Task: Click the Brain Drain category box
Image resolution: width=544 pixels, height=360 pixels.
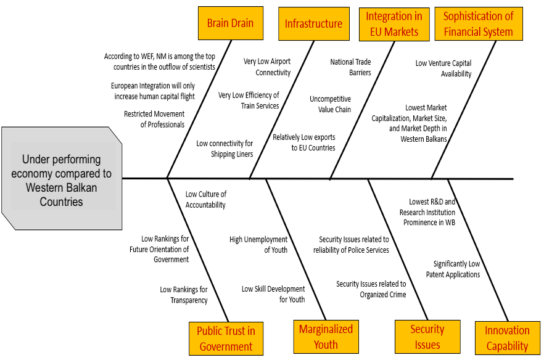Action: tap(230, 23)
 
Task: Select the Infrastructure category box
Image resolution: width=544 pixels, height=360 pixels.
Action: tap(313, 23)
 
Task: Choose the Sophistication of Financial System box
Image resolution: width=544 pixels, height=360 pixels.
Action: tap(478, 24)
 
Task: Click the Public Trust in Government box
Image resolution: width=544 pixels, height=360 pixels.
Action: tap(226, 338)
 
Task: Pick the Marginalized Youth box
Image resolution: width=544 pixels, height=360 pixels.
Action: tap(326, 337)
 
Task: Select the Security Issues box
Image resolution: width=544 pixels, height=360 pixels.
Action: tap(427, 337)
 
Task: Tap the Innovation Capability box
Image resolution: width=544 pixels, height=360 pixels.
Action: tap(507, 338)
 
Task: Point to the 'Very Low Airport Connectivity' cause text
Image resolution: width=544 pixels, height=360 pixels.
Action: tap(267, 67)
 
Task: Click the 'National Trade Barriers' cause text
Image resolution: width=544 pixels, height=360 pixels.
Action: tap(351, 67)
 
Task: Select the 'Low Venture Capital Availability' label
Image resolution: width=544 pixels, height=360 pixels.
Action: tap(443, 68)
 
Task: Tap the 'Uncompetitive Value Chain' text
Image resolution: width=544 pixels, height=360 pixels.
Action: tap(330, 104)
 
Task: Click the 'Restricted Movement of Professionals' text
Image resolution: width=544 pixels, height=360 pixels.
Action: tap(154, 119)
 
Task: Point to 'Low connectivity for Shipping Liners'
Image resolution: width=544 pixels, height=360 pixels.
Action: tap(225, 149)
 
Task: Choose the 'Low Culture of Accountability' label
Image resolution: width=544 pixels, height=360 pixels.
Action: tap(206, 199)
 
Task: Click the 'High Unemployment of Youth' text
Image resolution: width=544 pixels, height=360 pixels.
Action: tap(258, 245)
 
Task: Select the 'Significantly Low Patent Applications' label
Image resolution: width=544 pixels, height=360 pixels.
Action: tap(453, 269)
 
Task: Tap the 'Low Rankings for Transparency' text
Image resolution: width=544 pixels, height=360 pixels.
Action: tap(184, 295)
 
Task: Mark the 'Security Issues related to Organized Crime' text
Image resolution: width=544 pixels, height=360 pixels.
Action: tap(371, 289)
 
